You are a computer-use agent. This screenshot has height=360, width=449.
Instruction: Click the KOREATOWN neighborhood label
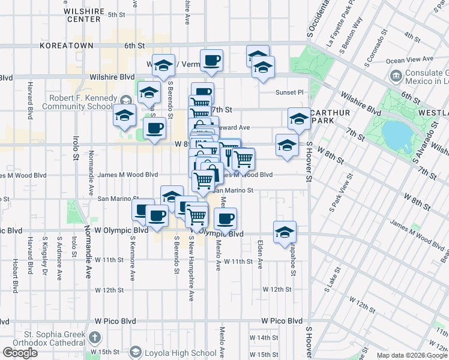coord(66,45)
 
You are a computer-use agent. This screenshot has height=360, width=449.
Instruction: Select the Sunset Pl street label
coord(290,92)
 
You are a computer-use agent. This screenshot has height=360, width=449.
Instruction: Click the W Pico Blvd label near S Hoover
coord(282,321)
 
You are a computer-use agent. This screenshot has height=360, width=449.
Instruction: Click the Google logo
coord(20,353)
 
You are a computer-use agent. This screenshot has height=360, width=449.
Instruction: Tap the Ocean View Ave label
coord(410,60)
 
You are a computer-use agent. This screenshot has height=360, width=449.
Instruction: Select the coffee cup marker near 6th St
coord(212,60)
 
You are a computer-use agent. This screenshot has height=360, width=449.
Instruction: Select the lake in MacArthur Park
coord(396,136)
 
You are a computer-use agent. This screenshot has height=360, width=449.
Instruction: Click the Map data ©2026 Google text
coord(412,355)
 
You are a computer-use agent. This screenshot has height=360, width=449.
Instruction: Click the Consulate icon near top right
coord(396,76)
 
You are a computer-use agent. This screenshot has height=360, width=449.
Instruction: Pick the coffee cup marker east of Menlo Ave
coord(226,218)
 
